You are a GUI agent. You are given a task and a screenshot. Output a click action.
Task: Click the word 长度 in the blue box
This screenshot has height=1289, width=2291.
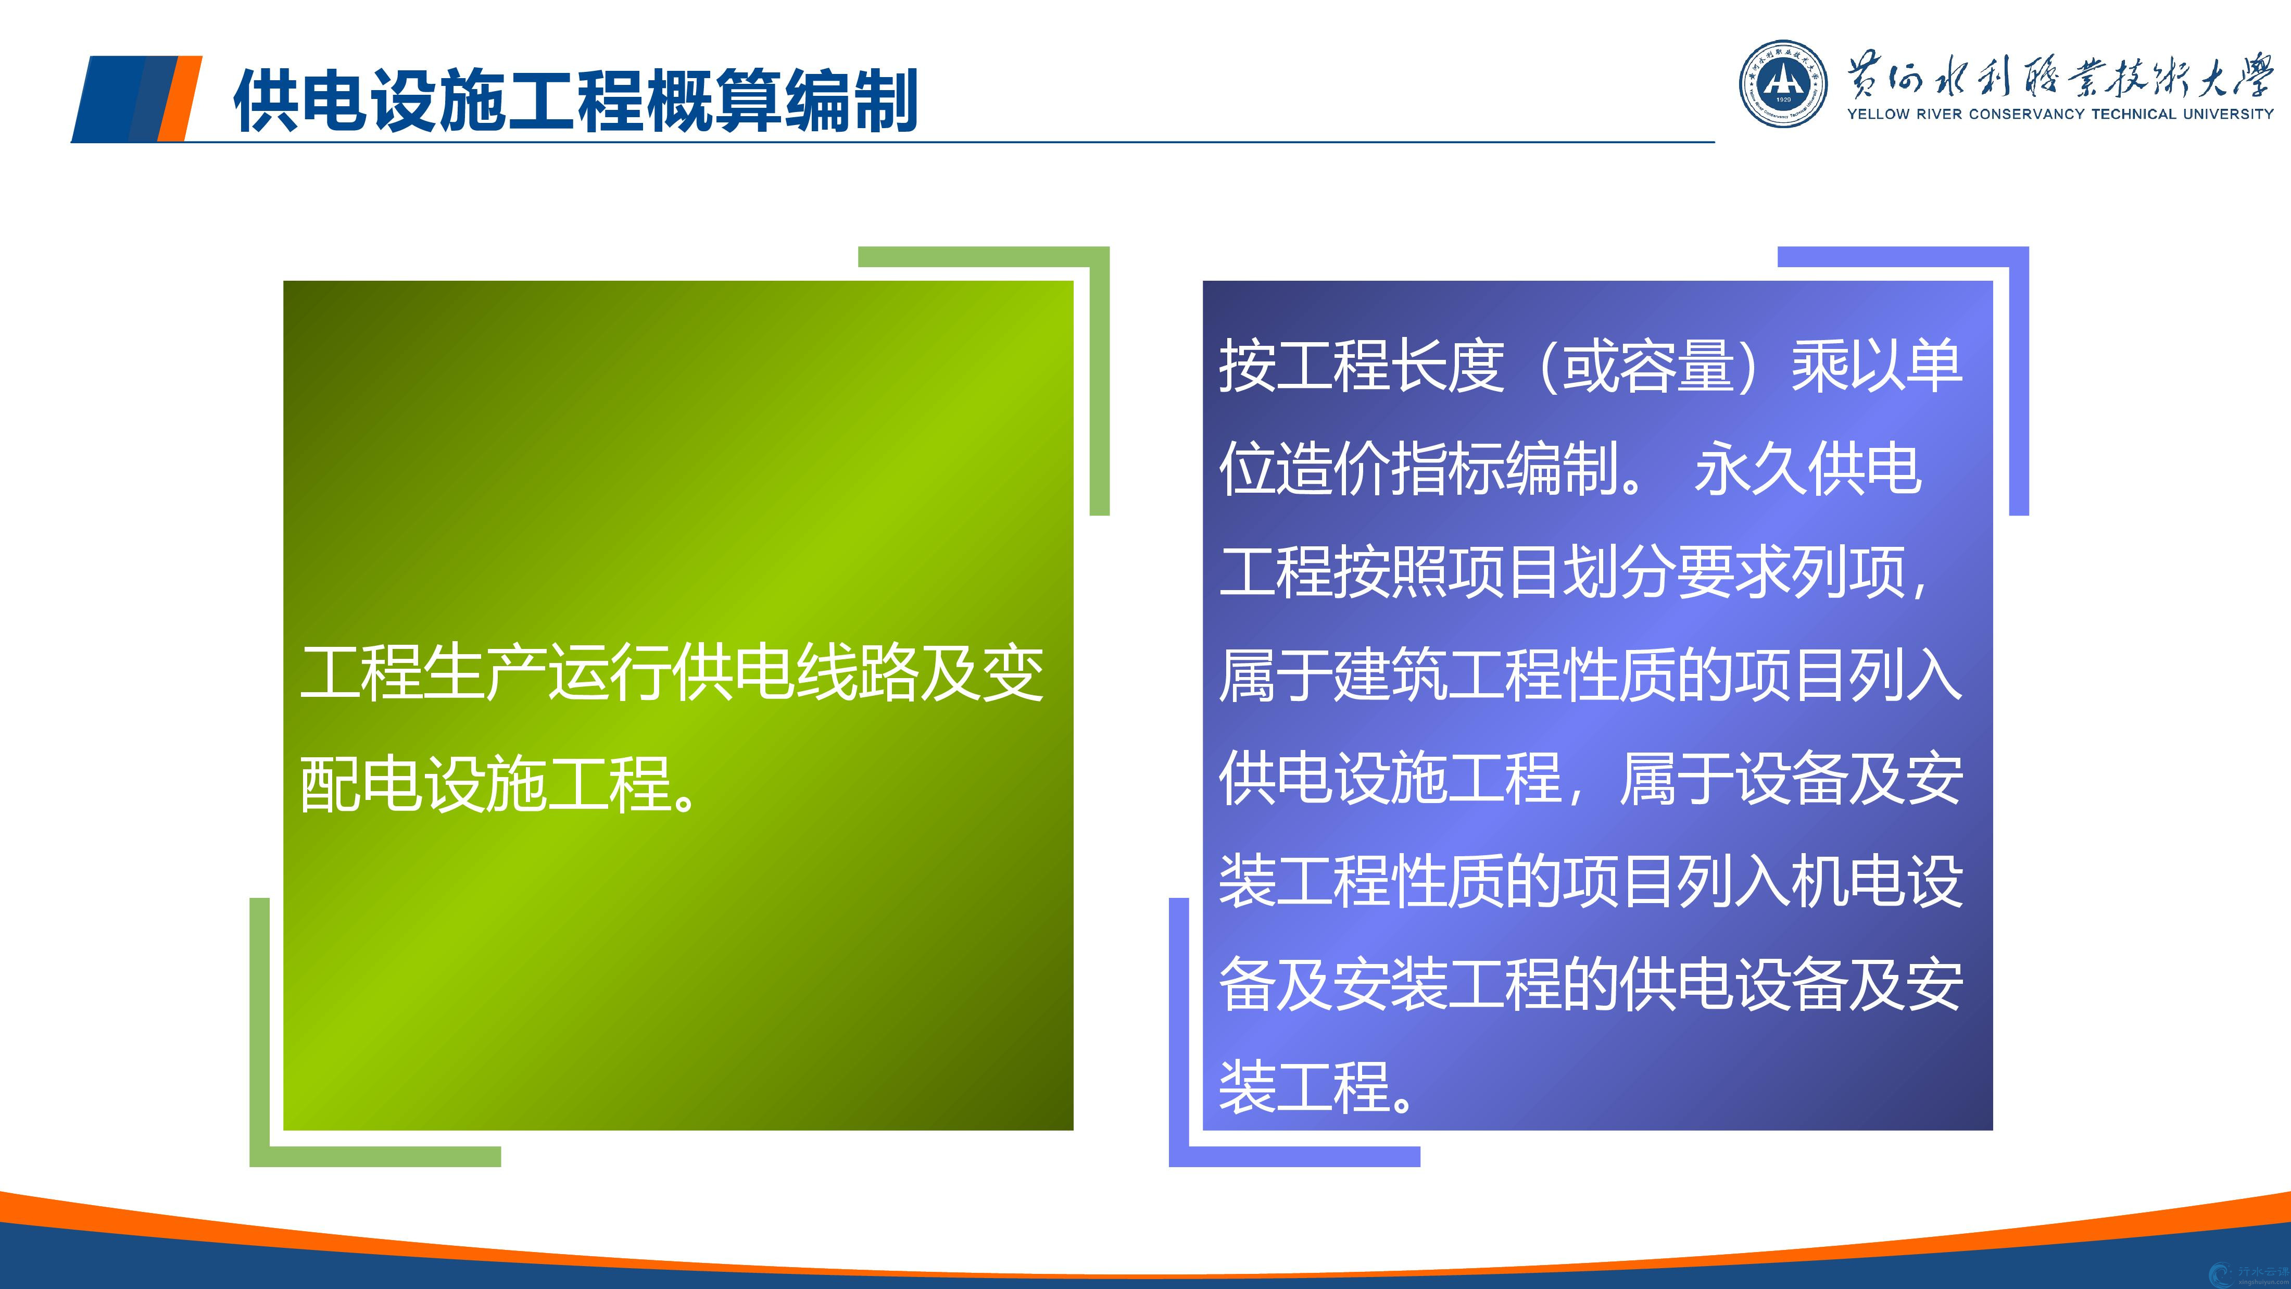pyautogui.click(x=1448, y=366)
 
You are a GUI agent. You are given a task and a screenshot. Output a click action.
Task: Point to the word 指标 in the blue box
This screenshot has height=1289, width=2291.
pyautogui.click(x=1448, y=469)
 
